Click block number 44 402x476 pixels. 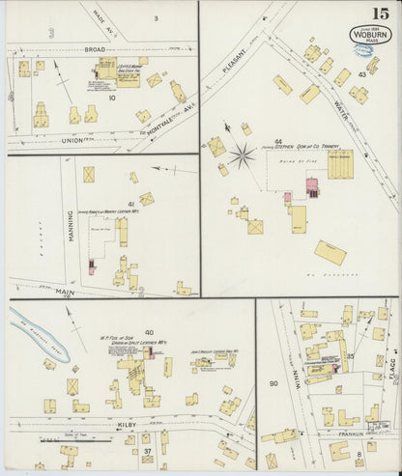[278, 142]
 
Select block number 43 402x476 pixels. [361, 74]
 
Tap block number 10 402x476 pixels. [112, 98]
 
